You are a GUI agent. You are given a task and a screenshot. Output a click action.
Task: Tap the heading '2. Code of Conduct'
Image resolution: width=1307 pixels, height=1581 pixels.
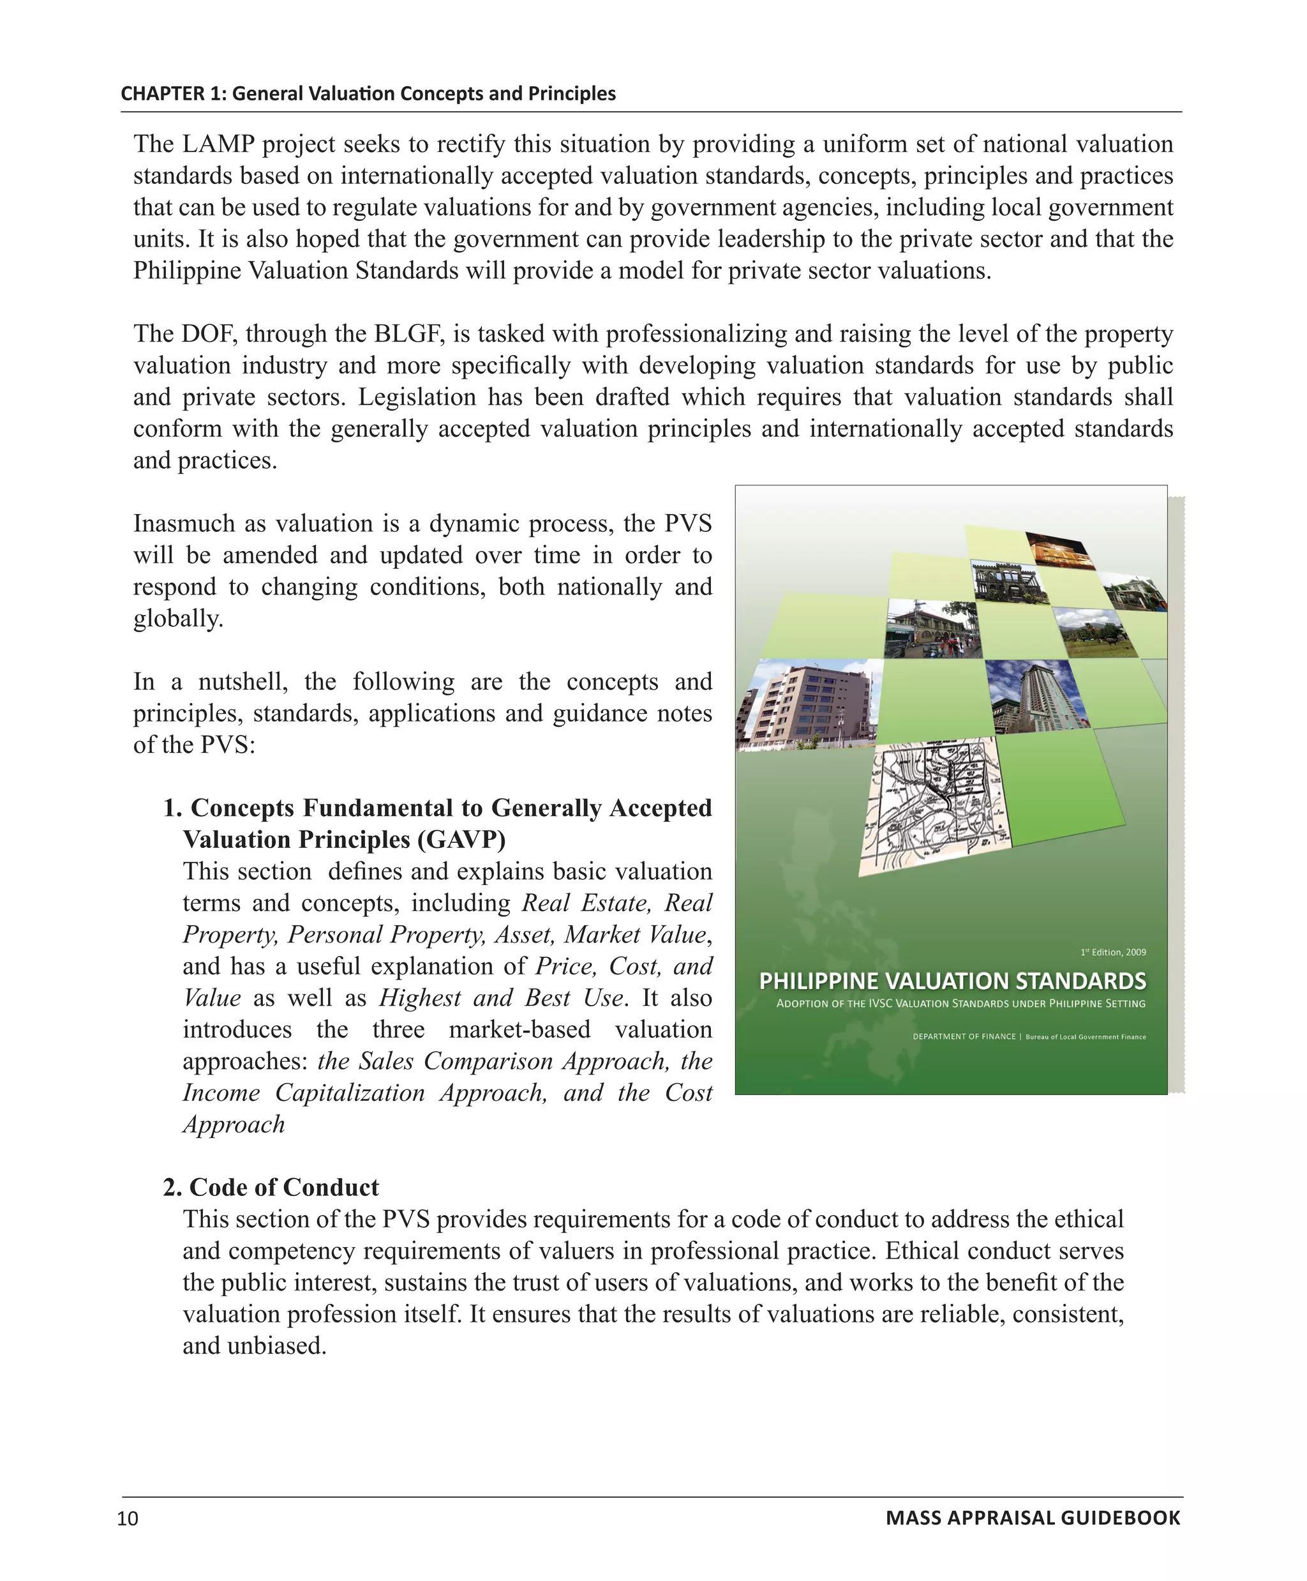point(271,1187)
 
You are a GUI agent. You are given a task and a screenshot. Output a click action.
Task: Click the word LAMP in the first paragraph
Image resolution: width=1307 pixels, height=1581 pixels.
point(219,144)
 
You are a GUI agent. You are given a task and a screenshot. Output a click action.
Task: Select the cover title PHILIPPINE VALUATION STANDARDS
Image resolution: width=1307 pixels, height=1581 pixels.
point(952,981)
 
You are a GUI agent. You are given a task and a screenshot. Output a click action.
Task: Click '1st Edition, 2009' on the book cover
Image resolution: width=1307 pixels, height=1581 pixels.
point(1113,952)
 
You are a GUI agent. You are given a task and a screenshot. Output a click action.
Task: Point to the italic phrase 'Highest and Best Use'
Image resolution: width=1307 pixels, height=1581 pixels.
point(502,997)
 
